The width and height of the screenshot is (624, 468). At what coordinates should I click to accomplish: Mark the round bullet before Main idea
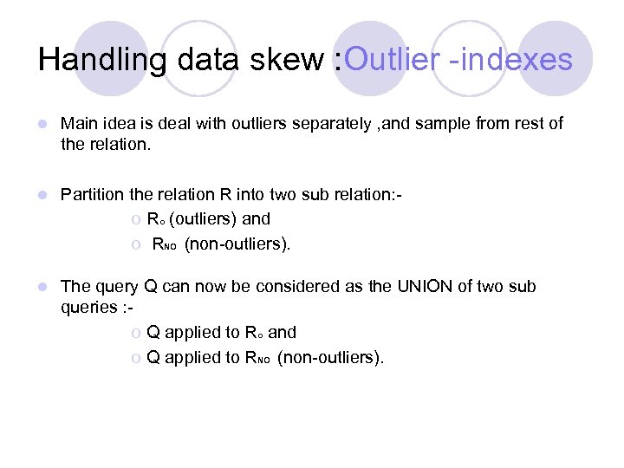pos(43,125)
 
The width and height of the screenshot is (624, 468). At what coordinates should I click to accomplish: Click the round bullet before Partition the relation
pos(43,196)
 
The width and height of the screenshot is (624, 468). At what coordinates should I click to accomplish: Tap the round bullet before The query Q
pos(43,288)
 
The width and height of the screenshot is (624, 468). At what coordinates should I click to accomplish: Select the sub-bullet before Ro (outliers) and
pos(136,219)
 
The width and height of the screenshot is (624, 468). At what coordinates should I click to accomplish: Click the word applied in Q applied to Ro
pos(192,333)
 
